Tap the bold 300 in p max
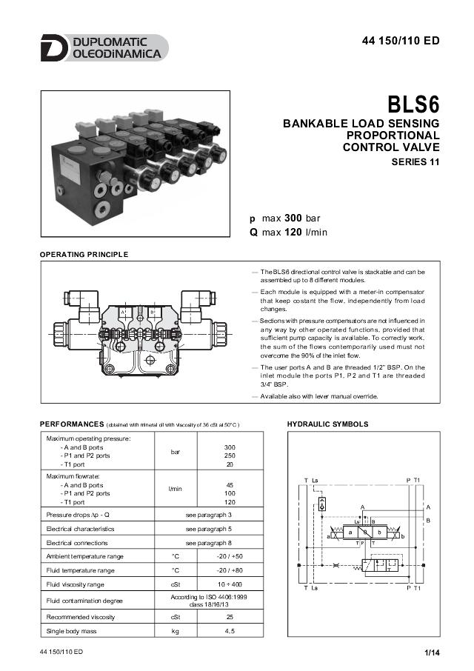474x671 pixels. coord(294,218)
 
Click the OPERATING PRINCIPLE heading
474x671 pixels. coord(84,255)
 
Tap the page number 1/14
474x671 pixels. coord(432,652)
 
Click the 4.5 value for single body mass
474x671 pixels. coord(230,631)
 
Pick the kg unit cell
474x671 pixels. coord(176,631)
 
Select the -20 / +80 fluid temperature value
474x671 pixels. coord(230,570)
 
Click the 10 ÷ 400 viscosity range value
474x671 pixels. coord(230,585)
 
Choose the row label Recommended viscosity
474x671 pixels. coord(81,616)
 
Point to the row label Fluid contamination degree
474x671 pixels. coord(85,601)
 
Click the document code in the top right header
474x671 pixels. coord(401,41)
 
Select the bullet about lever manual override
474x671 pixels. coord(318,396)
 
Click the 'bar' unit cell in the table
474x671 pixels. coord(176,451)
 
